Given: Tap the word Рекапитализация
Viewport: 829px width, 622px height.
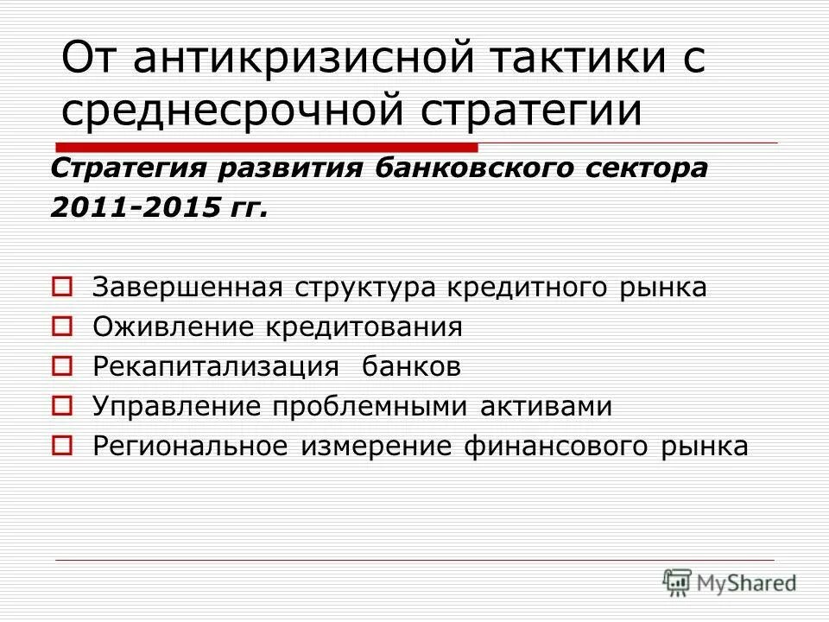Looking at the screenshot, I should point(216,367).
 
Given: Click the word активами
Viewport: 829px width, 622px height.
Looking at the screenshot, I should point(556,407).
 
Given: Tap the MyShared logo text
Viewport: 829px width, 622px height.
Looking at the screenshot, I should point(748,583).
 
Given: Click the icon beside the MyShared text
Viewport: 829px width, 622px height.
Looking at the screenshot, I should point(678,581).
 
